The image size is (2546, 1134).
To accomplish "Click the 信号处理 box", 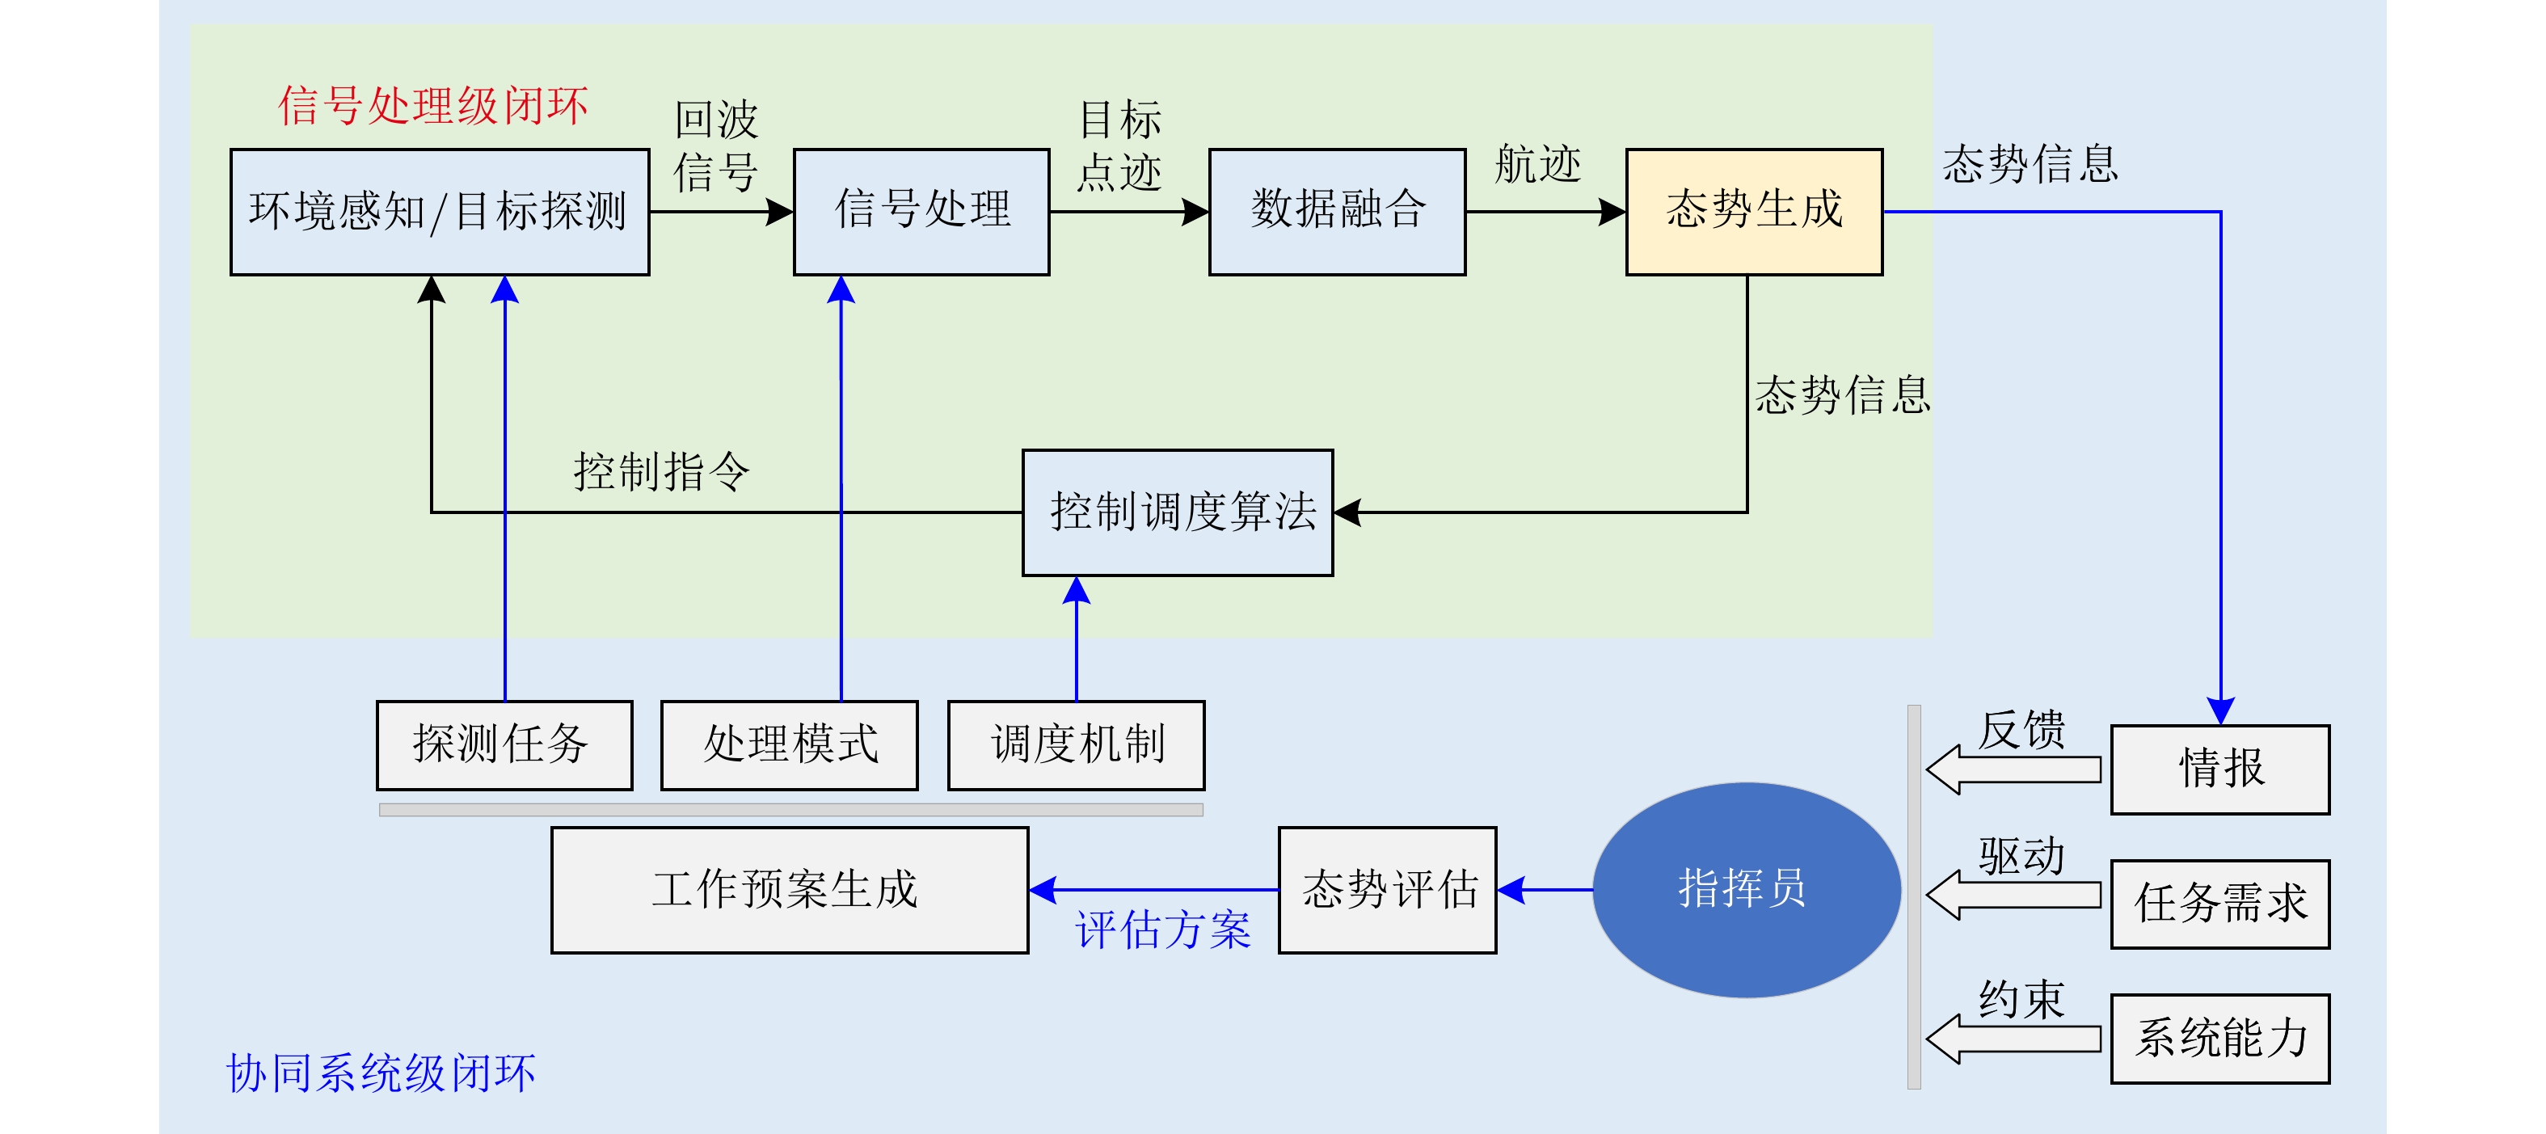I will [921, 212].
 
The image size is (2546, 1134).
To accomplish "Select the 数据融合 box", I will [1336, 212].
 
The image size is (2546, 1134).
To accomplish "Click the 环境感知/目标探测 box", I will [439, 212].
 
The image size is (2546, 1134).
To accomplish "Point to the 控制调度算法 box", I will [1177, 512].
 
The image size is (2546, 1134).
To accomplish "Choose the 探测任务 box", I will [504, 745].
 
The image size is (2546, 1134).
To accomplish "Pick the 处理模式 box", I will [789, 745].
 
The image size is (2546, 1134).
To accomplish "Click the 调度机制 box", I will [1075, 745].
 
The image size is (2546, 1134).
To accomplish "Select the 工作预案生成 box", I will [789, 890].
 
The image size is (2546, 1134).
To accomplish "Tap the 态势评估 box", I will [1387, 890].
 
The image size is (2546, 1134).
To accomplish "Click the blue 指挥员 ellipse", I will [1746, 890].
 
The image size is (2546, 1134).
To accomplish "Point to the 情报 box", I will [2219, 769].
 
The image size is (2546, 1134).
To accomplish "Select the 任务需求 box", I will [2219, 904].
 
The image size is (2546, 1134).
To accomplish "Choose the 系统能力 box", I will [2219, 1038].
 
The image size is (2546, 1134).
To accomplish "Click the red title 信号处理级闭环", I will [433, 106].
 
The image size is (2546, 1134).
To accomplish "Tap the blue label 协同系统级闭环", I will [381, 1073].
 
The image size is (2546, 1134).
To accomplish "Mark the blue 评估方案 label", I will [1162, 930].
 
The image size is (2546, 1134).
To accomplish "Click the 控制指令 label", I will [661, 471].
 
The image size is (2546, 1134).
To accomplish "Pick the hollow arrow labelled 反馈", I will [2013, 769].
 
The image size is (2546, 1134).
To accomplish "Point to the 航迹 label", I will [1536, 164].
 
